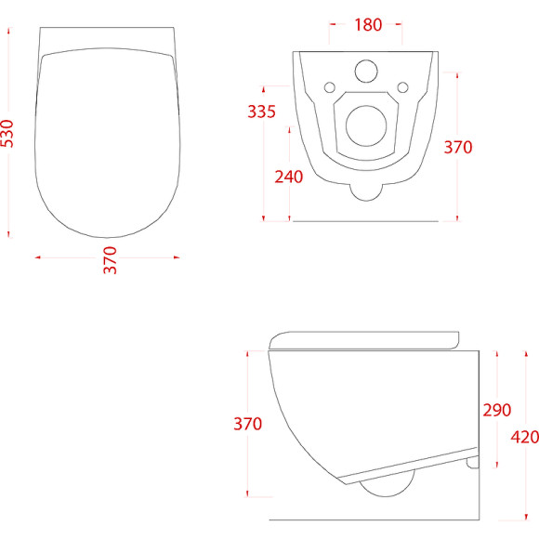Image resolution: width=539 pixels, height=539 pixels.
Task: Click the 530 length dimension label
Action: [x=7, y=134]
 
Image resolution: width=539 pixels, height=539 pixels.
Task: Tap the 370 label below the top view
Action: [x=110, y=260]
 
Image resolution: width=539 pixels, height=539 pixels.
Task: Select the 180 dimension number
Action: [x=368, y=25]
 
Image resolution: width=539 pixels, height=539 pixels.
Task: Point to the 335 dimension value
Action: [x=261, y=112]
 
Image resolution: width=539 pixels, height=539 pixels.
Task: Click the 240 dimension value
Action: [x=289, y=177]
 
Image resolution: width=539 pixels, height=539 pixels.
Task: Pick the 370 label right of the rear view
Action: [x=458, y=147]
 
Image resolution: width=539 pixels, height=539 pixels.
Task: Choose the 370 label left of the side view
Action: [x=247, y=424]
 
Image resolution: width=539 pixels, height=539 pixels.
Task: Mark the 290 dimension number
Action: [x=497, y=410]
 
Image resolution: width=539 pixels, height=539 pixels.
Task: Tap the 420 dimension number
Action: [x=524, y=437]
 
